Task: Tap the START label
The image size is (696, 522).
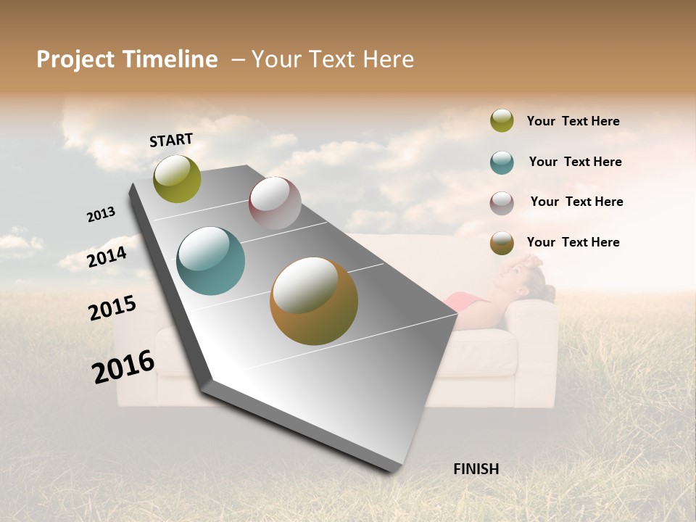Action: click(171, 140)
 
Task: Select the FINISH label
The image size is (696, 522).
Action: click(476, 469)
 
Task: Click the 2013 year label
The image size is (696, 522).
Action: click(101, 215)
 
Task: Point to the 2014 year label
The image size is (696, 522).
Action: click(107, 257)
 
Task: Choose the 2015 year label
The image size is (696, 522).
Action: click(112, 308)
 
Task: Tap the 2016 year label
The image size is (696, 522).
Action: click(123, 367)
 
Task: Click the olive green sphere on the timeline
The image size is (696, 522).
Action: click(177, 178)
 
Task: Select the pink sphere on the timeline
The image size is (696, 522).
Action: click(275, 202)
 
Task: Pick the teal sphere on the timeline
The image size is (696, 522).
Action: click(211, 261)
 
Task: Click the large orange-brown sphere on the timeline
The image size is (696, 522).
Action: click(314, 301)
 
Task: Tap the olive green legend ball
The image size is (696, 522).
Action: click(502, 120)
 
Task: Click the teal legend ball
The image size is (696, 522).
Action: click(502, 162)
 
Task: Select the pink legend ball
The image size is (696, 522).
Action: click(502, 202)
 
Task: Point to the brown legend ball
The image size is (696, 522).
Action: click(502, 243)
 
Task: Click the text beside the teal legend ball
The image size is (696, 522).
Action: click(575, 162)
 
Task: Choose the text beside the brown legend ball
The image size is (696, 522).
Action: click(573, 242)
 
